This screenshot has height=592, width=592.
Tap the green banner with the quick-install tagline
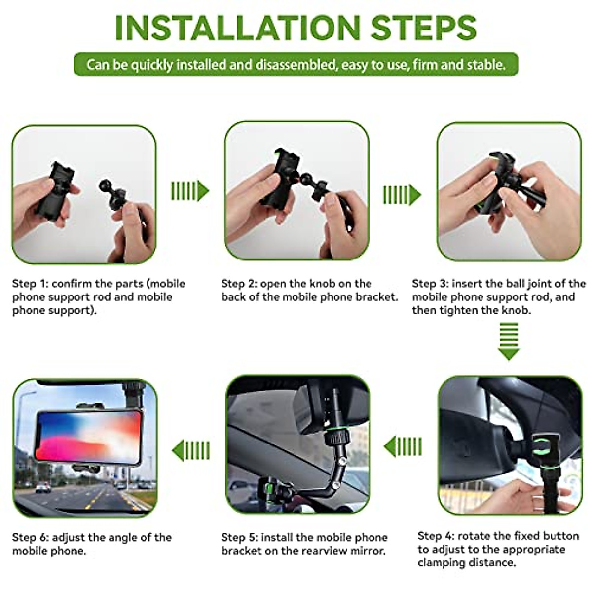(x=296, y=65)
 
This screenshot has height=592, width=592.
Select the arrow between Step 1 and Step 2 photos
(x=190, y=191)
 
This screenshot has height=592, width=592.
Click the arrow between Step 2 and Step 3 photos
(x=402, y=195)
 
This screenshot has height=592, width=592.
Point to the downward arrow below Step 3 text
(x=509, y=341)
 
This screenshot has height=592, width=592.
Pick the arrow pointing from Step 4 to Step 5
(x=403, y=447)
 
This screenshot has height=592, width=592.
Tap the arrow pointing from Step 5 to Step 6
(x=191, y=450)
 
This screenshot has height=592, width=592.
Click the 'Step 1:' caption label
(x=30, y=284)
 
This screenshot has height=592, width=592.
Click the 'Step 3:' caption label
(x=430, y=284)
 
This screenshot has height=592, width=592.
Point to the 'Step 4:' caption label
(x=436, y=536)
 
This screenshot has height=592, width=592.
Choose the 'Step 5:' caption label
(x=239, y=537)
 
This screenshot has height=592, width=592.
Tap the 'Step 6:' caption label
(x=30, y=537)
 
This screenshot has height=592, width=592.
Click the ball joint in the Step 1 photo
(x=107, y=186)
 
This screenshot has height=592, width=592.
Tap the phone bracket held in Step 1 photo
(x=55, y=190)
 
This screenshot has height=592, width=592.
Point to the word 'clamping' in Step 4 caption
(x=440, y=563)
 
